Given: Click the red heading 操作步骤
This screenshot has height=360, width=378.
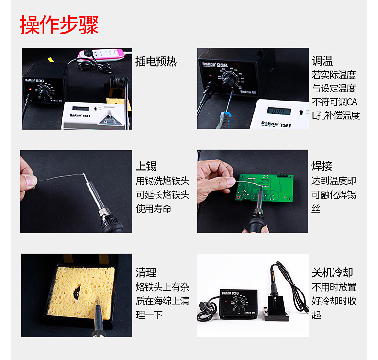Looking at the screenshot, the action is [59, 25].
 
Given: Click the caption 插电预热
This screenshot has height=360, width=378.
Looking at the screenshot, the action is [156, 61].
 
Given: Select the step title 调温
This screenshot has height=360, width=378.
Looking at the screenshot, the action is [322, 61].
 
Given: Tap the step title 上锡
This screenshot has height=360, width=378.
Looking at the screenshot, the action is [146, 166].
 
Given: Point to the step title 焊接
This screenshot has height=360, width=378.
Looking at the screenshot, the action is [322, 166].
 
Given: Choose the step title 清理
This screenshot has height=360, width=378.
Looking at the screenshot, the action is [146, 272].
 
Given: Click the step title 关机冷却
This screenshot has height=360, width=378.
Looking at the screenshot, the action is [333, 272].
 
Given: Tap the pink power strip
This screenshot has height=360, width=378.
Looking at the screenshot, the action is [101, 54].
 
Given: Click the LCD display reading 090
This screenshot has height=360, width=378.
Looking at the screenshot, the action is [279, 111].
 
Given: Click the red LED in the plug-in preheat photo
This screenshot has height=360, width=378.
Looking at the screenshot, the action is [30, 89].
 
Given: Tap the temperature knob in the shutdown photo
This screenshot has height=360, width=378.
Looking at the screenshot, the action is [239, 303].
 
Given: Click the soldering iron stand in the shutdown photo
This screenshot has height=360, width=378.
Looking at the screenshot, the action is [276, 309].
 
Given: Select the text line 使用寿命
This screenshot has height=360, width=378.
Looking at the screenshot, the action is [154, 208].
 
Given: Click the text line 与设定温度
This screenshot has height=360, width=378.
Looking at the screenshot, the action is [334, 88].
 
